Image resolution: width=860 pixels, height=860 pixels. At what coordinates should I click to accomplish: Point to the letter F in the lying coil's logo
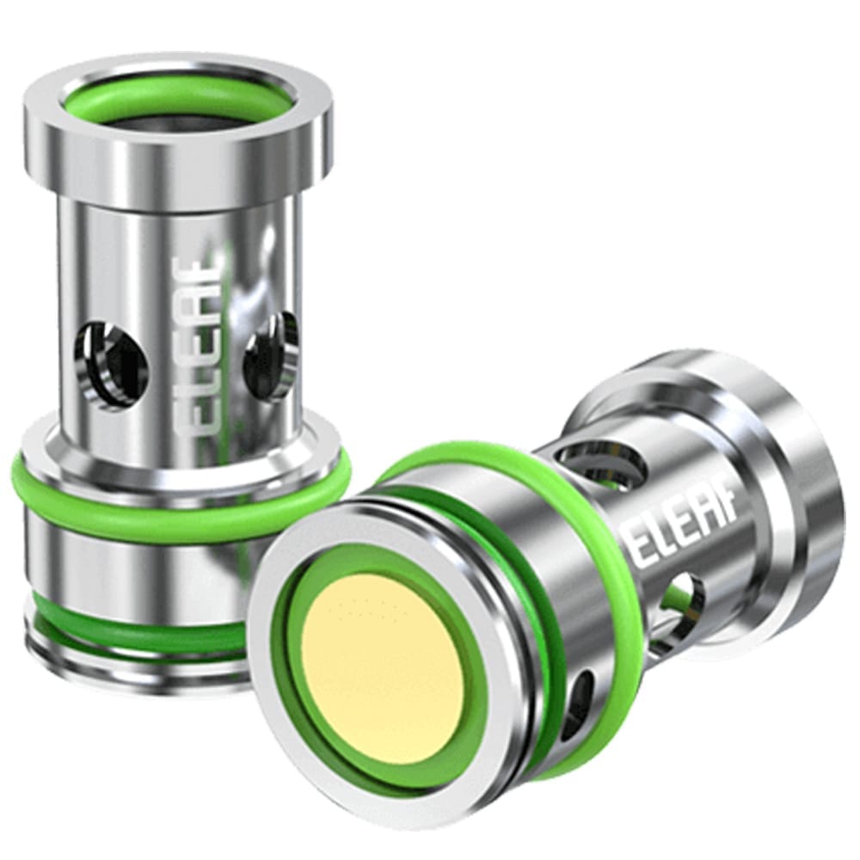(726, 525)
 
